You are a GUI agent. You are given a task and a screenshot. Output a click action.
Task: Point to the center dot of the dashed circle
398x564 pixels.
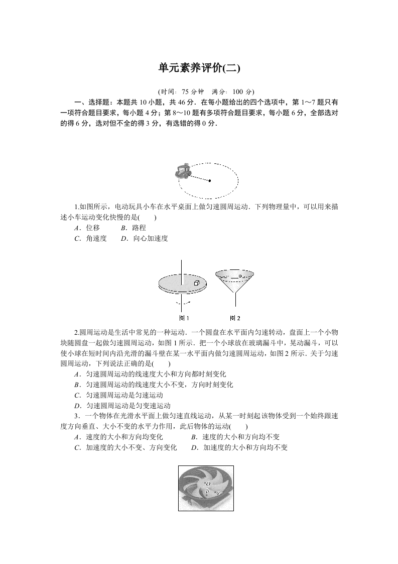point(210,180)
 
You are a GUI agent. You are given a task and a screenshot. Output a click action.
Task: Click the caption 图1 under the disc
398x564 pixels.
point(184,318)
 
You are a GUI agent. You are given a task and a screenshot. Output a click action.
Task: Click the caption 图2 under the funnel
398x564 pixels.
point(235,318)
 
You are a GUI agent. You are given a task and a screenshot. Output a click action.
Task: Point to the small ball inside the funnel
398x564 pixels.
point(240,276)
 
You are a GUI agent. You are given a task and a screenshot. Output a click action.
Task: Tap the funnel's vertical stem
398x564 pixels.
point(235,300)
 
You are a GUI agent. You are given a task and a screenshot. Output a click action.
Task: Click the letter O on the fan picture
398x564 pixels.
point(208,483)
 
